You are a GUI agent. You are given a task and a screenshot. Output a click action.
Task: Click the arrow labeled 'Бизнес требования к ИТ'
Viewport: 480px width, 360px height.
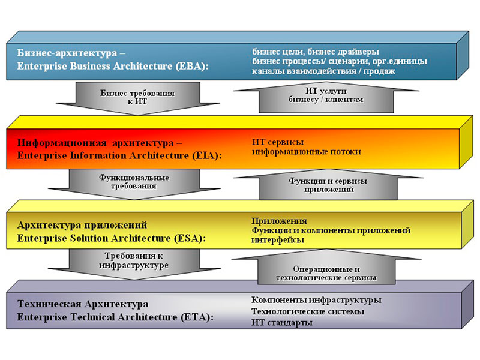[138, 98]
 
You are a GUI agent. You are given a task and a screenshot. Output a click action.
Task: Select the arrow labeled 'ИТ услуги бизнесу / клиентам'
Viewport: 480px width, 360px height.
[326, 97]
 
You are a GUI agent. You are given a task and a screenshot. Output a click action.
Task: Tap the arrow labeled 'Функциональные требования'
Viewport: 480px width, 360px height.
[134, 184]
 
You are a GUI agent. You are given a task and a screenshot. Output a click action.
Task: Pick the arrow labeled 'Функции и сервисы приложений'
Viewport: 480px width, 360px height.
[328, 184]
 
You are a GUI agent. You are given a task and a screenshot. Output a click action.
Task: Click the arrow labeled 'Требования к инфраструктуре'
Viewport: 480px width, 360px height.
[134, 263]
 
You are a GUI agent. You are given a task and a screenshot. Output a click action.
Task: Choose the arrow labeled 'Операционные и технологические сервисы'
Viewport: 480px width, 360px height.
[326, 267]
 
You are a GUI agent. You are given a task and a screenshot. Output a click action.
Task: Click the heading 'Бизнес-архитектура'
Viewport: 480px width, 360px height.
[67, 53]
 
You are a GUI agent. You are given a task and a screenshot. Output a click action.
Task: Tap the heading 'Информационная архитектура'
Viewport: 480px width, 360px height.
[95, 143]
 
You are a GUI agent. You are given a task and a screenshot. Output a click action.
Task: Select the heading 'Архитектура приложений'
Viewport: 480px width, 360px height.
[82, 226]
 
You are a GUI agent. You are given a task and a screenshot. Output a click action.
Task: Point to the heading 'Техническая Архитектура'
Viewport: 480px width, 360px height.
[83, 304]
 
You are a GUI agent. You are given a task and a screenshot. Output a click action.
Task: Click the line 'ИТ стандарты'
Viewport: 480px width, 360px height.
[282, 323]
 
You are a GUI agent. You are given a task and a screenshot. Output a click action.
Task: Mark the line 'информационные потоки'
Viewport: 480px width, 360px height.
[307, 152]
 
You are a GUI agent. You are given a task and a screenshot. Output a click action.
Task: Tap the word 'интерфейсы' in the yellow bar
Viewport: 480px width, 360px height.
[278, 240]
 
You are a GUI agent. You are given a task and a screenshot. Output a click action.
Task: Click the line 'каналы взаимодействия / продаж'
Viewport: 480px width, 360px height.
[323, 71]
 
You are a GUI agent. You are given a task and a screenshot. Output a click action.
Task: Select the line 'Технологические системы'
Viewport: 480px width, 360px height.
[308, 311]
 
